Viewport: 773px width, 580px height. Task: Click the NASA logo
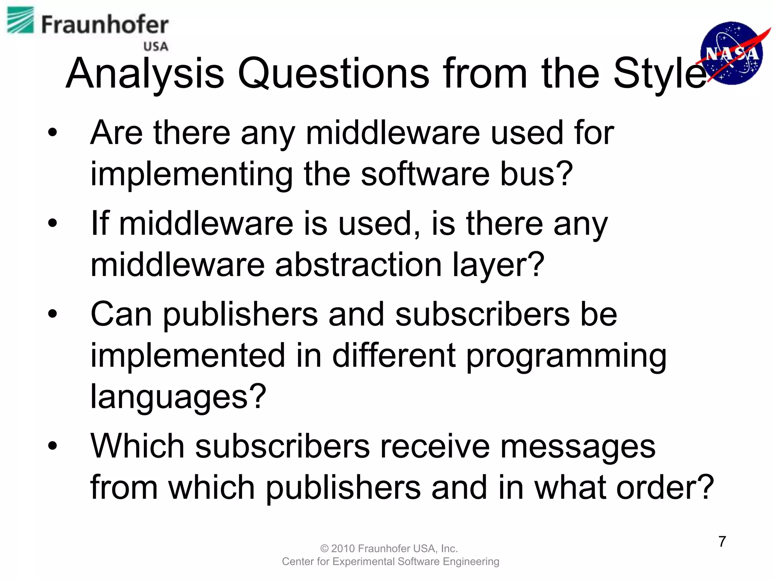pyautogui.click(x=731, y=53)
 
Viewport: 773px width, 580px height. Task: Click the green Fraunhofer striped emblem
pyautogui.click(x=20, y=20)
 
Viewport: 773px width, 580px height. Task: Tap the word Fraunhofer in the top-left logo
pyautogui.click(x=105, y=25)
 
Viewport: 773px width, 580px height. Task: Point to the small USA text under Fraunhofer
pyautogui.click(x=156, y=46)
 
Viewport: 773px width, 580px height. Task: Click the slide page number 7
pyautogui.click(x=722, y=541)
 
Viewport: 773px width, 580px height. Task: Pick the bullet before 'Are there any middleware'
pyautogui.click(x=52, y=133)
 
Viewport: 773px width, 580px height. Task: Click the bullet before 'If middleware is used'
pyautogui.click(x=52, y=223)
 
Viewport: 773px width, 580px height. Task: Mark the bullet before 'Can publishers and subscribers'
pyautogui.click(x=52, y=314)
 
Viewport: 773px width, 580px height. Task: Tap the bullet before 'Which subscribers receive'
pyautogui.click(x=52, y=446)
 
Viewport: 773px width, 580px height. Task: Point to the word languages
pyautogui.click(x=178, y=397)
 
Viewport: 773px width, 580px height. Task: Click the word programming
pyautogui.click(x=566, y=356)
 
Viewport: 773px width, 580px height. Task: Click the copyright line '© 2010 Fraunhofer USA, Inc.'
pyautogui.click(x=389, y=548)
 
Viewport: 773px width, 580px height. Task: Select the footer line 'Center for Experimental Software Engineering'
pyautogui.click(x=390, y=561)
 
